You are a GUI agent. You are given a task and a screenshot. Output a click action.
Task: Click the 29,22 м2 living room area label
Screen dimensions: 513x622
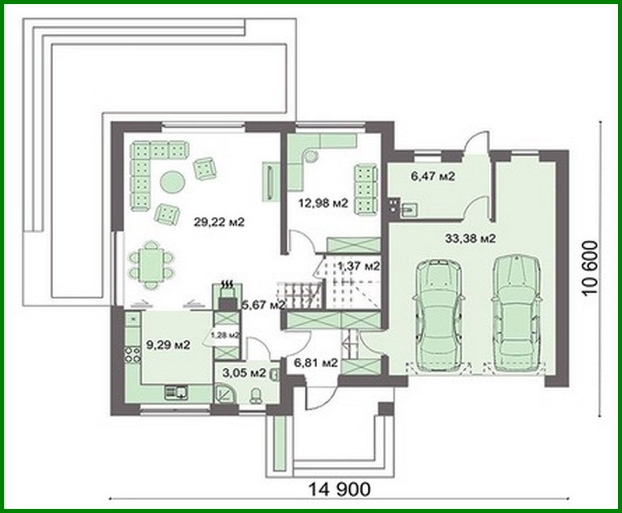coord(219,222)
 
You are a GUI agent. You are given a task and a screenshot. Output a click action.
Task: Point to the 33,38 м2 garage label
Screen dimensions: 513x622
coord(470,239)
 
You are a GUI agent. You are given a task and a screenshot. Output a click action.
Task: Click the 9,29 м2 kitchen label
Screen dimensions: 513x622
coord(168,345)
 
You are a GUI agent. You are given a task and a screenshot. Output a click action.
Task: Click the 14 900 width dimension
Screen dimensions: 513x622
coord(340,489)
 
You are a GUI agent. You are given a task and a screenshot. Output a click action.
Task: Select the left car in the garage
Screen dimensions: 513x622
coord(439,316)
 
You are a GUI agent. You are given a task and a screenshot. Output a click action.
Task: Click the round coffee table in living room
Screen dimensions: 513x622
coord(172,181)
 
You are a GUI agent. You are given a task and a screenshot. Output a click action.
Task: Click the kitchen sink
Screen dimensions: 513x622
coord(177,392)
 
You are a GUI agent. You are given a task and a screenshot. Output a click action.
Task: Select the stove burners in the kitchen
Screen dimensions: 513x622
coord(132,354)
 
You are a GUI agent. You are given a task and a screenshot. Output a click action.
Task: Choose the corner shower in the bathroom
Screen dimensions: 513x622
coord(225,393)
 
